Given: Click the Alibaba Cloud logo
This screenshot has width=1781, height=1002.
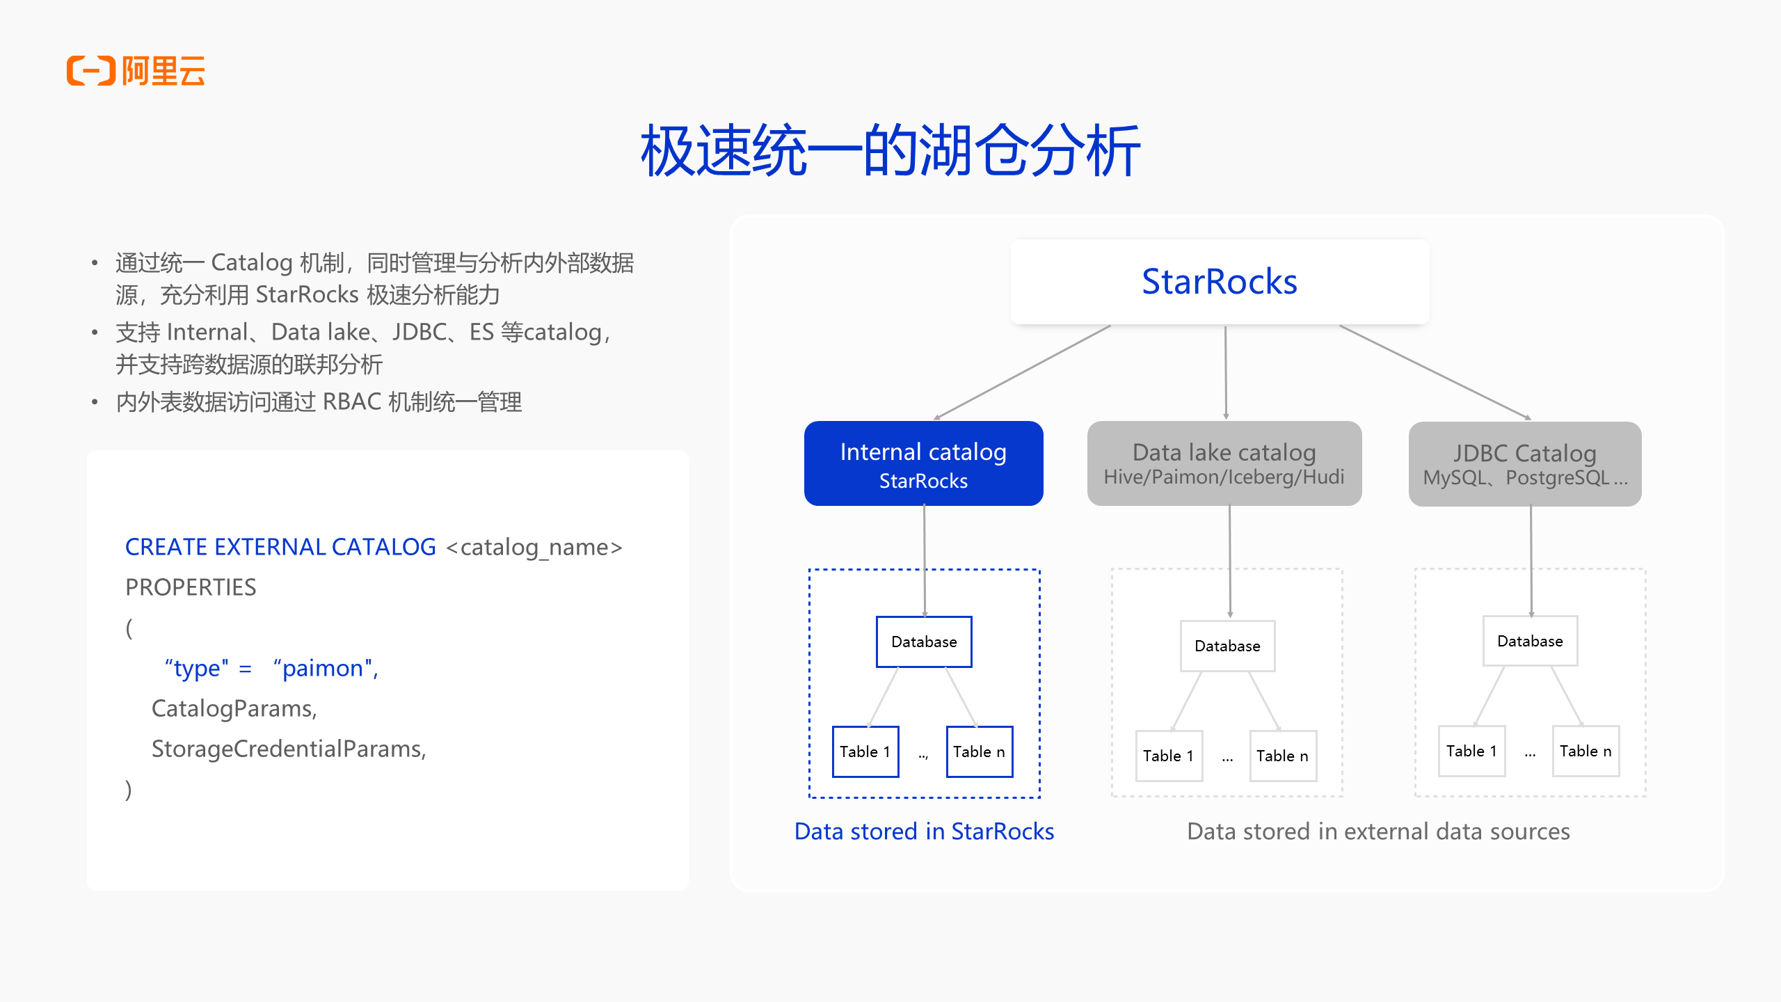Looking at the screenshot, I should pyautogui.click(x=136, y=70).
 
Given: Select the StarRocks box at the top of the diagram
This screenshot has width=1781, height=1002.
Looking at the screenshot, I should pyautogui.click(x=1220, y=282).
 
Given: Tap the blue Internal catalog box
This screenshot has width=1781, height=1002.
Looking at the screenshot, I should pyautogui.click(x=923, y=463).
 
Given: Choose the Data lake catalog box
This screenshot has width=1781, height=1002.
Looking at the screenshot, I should pyautogui.click(x=1224, y=463).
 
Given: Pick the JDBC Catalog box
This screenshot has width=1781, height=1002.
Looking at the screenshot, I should pyautogui.click(x=1524, y=464).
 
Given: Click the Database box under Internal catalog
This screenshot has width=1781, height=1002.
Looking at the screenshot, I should pyautogui.click(x=924, y=642).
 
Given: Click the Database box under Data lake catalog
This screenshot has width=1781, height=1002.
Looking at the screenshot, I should pyautogui.click(x=1227, y=646).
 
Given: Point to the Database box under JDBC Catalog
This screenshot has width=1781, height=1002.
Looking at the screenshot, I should pyautogui.click(x=1530, y=641).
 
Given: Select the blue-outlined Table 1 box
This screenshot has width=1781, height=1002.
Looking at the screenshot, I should pyautogui.click(x=865, y=751).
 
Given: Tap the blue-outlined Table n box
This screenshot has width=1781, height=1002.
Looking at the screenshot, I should pyautogui.click(x=979, y=751).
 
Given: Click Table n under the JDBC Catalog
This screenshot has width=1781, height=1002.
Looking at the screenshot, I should pyautogui.click(x=1586, y=751).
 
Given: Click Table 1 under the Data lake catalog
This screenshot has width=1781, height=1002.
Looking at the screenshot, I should pyautogui.click(x=1168, y=756).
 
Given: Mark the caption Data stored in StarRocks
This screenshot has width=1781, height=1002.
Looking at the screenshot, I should pyautogui.click(x=924, y=832).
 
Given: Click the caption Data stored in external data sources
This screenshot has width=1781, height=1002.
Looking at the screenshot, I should pyautogui.click(x=1378, y=832).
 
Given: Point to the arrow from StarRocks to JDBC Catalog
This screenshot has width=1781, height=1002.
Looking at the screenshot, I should pyautogui.click(x=1435, y=372).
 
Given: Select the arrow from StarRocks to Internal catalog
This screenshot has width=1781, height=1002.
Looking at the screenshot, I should pyautogui.click(x=1023, y=372).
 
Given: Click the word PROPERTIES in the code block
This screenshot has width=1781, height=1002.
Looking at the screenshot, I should pyautogui.click(x=191, y=587).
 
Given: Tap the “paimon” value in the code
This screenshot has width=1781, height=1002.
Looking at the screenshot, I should pyautogui.click(x=325, y=668).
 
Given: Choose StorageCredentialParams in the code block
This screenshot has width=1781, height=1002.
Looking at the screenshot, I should pyautogui.click(x=288, y=749).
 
